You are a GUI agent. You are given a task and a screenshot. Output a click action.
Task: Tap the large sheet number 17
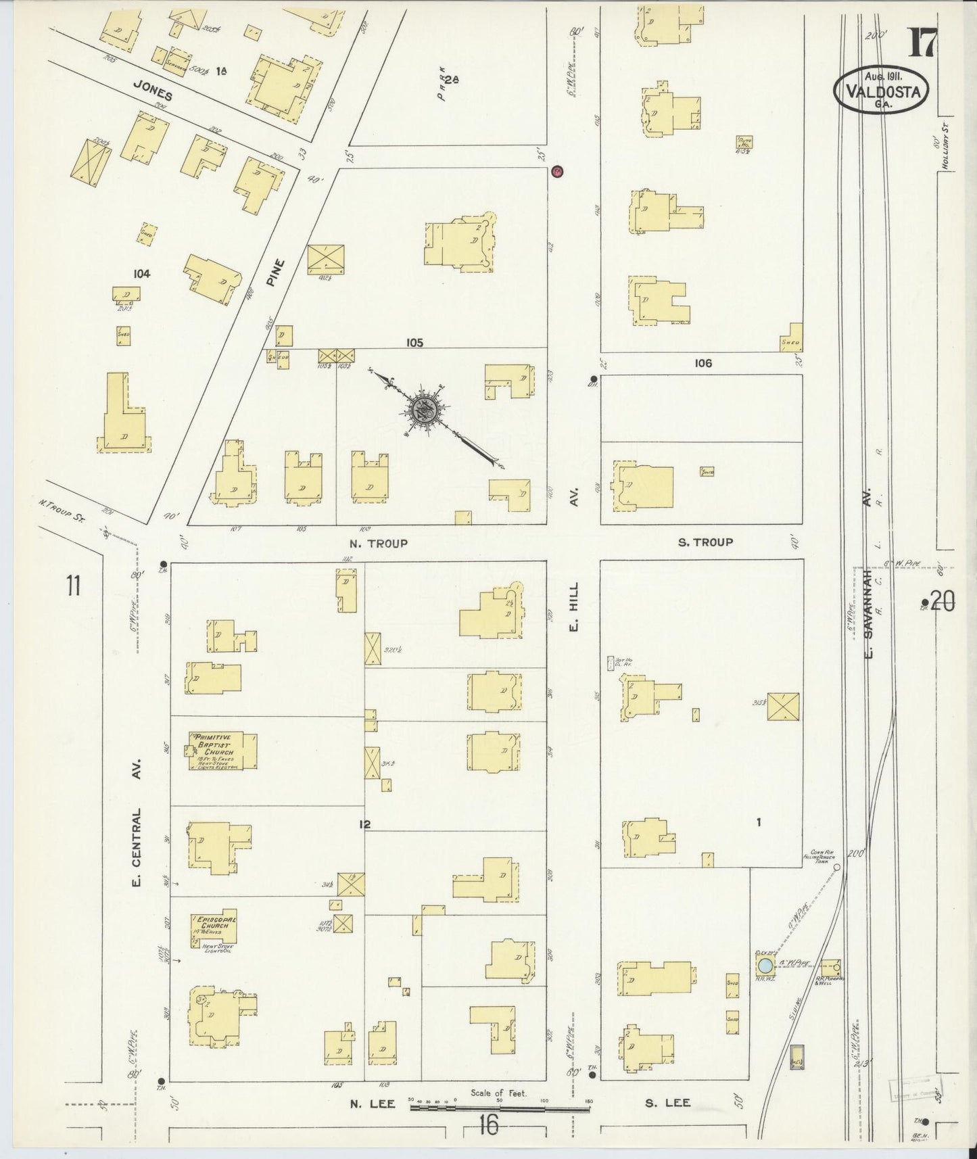pyautogui.click(x=922, y=45)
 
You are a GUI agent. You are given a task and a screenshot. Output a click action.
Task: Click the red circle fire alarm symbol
pyautogui.click(x=557, y=171)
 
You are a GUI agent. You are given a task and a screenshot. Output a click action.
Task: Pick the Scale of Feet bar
pyautogui.click(x=500, y=1110)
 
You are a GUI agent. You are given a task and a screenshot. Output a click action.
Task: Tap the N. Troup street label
pyautogui.click(x=379, y=543)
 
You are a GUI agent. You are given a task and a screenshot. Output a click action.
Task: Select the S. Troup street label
pyautogui.click(x=706, y=542)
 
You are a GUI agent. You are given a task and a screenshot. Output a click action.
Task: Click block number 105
pyautogui.click(x=414, y=343)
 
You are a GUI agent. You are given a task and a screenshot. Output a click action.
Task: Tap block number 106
pyautogui.click(x=703, y=363)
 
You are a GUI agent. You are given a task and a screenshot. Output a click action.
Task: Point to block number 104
pyautogui.click(x=142, y=273)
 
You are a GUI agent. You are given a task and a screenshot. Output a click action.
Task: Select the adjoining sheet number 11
pyautogui.click(x=74, y=585)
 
